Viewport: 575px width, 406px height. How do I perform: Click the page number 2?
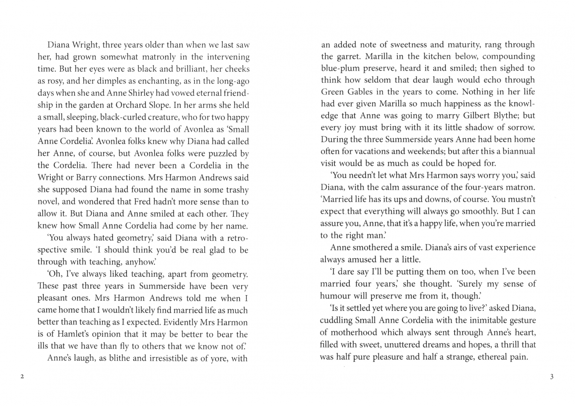coord(22,377)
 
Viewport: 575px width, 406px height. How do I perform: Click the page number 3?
coord(552,377)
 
